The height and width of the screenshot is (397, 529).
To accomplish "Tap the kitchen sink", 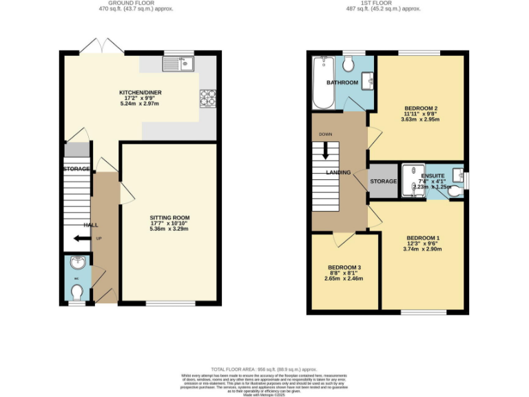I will [x=178, y=64].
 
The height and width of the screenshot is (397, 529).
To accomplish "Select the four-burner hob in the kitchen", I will [x=207, y=99].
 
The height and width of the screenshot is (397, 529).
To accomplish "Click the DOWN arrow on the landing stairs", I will [x=325, y=151].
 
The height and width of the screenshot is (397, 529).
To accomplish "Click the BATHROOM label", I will [x=342, y=83].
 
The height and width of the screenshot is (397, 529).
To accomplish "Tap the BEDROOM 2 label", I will [x=422, y=108].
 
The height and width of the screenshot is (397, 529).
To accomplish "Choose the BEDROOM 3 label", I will [x=344, y=267].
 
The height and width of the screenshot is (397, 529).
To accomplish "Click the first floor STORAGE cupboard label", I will [x=384, y=181].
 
